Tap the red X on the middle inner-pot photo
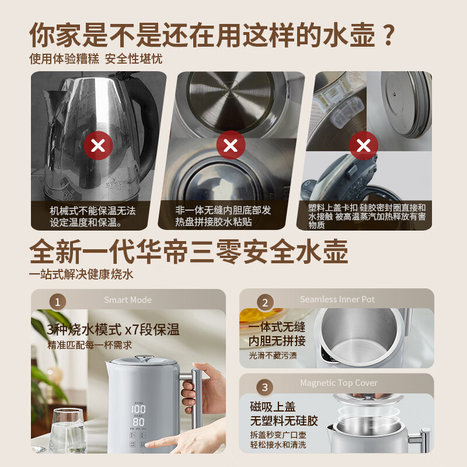click(231, 144)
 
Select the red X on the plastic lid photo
click(363, 145)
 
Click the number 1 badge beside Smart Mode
click(57, 302)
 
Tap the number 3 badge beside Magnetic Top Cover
click(265, 387)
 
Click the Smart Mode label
click(128, 300)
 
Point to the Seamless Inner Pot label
click(337, 299)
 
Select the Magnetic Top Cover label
click(339, 383)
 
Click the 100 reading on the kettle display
click(138, 409)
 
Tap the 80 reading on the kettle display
click(138, 421)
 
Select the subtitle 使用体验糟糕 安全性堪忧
click(96, 60)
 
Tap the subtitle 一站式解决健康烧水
click(85, 274)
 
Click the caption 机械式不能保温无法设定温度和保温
click(93, 215)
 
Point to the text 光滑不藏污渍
click(273, 356)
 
